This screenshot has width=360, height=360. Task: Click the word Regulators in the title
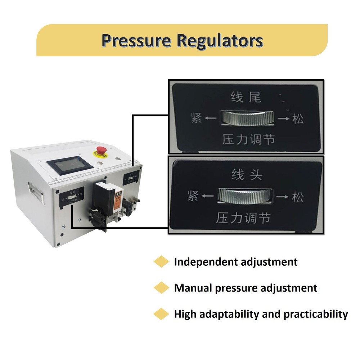tap(219, 41)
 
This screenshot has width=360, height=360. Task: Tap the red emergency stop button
tap(102, 152)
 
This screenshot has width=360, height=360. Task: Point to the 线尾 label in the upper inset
tap(246, 97)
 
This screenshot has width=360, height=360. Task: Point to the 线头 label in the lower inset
tap(247, 175)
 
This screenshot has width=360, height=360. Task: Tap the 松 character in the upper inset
tap(298, 118)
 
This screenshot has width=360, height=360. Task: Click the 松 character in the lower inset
tap(297, 197)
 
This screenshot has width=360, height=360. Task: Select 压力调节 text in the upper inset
tap(248, 139)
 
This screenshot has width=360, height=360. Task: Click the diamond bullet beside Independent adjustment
tap(161, 262)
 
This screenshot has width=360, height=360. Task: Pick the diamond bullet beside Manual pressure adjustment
tap(161, 288)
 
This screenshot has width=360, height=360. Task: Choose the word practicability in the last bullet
tap(315, 314)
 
